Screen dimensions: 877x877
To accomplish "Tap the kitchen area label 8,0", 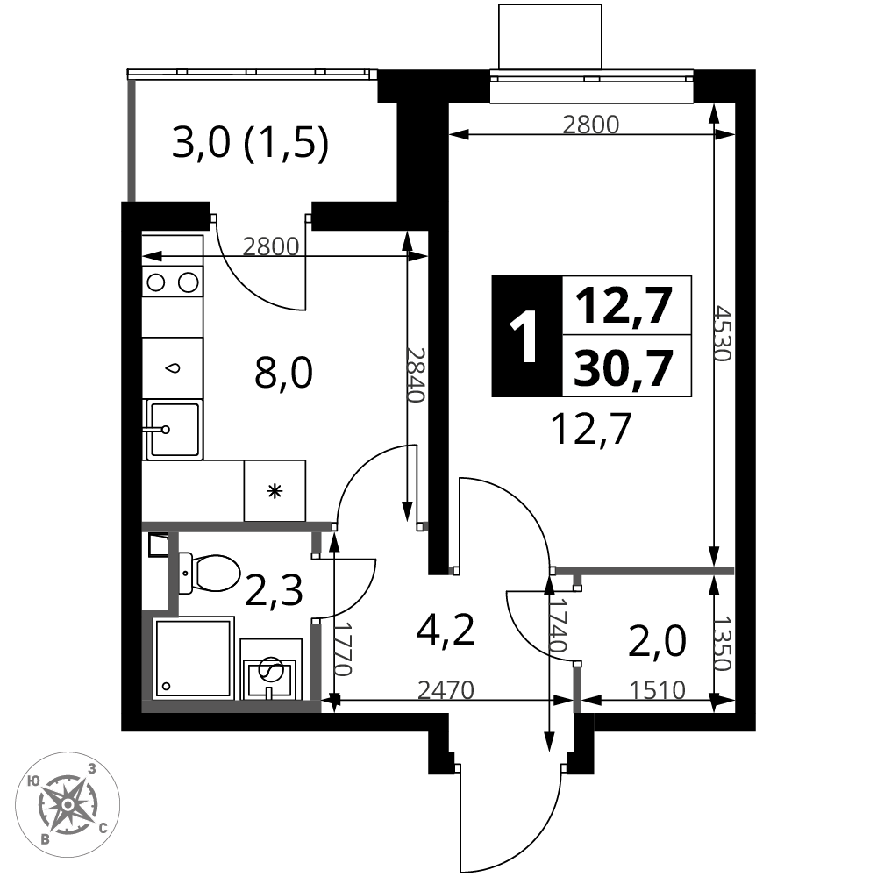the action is (x=283, y=373).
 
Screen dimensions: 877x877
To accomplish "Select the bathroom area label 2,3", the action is (x=274, y=590).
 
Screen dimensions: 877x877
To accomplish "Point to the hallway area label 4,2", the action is (x=446, y=629).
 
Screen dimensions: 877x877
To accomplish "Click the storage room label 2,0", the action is (x=657, y=642).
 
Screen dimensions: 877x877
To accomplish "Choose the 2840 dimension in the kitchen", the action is (x=416, y=375).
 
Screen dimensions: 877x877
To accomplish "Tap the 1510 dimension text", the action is (x=658, y=691).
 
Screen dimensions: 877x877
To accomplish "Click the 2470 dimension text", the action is (x=446, y=691).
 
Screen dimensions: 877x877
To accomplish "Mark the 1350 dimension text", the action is (x=724, y=643).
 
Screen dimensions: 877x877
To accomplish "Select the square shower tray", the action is (x=194, y=658).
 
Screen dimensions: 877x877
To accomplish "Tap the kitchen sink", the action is (x=172, y=430).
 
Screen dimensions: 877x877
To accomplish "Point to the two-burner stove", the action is (x=172, y=282).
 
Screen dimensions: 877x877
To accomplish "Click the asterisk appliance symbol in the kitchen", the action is (x=275, y=492).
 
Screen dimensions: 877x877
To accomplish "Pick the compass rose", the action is (x=68, y=804).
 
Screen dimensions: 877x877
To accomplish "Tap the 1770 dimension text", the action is (x=343, y=649).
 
